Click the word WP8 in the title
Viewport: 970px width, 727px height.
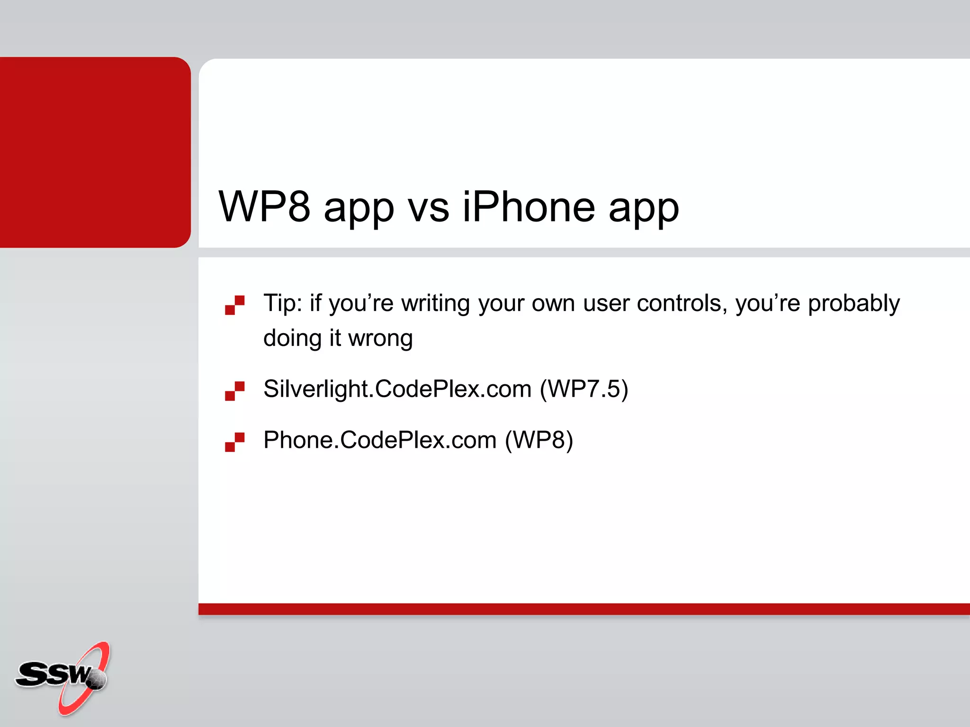[264, 206]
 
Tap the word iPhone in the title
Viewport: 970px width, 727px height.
[529, 206]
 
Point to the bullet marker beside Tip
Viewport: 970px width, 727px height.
[235, 305]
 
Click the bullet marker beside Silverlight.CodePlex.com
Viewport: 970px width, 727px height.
[235, 391]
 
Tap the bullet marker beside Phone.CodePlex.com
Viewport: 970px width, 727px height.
[235, 442]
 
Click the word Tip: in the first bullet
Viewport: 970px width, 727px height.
[283, 303]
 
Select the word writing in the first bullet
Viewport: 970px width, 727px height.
[435, 304]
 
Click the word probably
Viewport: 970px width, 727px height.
[853, 304]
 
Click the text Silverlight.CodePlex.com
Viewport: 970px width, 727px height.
[397, 389]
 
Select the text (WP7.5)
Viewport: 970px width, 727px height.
[584, 389]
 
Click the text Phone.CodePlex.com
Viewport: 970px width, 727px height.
[380, 440]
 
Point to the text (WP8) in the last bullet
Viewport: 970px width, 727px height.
[539, 440]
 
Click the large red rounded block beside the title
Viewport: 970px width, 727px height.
[95, 152]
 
